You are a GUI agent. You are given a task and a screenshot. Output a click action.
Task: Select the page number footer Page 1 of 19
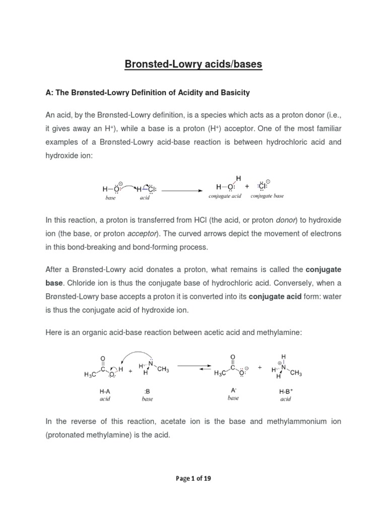193,478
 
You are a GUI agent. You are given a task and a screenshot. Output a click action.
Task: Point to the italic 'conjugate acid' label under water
225,196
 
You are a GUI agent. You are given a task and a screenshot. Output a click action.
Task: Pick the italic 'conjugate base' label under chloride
267,196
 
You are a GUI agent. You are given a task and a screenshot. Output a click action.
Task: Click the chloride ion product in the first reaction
264,187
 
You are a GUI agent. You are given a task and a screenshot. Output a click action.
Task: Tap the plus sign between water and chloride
247,187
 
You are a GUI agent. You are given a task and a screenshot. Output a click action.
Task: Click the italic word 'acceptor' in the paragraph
142,234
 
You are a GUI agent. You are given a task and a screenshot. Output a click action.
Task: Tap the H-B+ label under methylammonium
286,391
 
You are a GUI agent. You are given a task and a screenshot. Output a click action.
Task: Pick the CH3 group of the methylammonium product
296,373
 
